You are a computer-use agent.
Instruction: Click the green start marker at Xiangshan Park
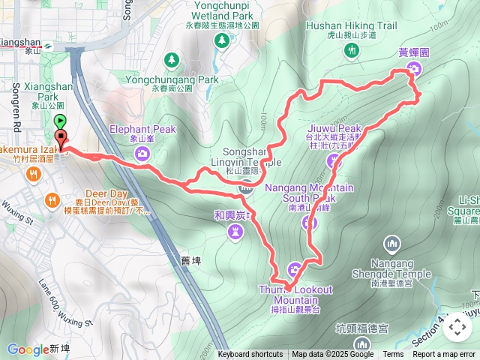coord(60,121)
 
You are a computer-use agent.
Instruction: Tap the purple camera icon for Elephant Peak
coord(142,154)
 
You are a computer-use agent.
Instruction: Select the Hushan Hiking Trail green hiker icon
coord(352,49)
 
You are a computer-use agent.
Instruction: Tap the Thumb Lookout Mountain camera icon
coord(294,269)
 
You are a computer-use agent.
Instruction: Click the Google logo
coord(27,349)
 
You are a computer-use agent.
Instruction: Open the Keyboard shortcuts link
coord(250,355)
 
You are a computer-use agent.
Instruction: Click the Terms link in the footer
coord(393,355)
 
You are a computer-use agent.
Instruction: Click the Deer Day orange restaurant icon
coord(51,199)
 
